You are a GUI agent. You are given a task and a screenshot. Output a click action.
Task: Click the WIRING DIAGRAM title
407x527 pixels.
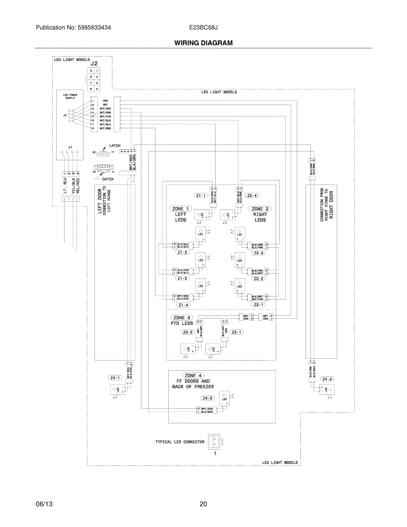(x=203, y=43)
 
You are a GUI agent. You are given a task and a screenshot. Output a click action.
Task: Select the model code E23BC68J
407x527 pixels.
(x=204, y=27)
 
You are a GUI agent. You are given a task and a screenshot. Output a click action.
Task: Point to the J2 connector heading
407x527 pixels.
(x=94, y=63)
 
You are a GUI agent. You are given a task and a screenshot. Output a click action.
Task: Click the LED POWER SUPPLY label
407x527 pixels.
(x=70, y=96)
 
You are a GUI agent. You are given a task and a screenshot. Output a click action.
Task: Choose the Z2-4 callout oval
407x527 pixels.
(x=252, y=195)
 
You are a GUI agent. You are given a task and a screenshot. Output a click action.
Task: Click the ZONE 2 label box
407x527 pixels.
(x=260, y=209)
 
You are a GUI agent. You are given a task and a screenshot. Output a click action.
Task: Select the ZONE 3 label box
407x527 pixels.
(x=182, y=318)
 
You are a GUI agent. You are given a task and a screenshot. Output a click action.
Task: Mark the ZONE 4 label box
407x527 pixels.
(x=193, y=375)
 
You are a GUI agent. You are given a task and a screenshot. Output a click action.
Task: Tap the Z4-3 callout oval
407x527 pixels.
(x=207, y=398)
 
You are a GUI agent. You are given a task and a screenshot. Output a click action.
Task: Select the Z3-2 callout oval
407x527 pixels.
(x=187, y=332)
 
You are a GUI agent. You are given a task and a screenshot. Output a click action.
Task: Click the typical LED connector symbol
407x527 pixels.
(x=215, y=441)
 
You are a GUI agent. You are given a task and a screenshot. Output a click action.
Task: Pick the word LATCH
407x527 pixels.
(x=115, y=145)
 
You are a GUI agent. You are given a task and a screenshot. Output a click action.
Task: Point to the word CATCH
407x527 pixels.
(x=108, y=179)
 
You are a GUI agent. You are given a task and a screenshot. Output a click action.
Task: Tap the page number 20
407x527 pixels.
(x=203, y=504)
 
